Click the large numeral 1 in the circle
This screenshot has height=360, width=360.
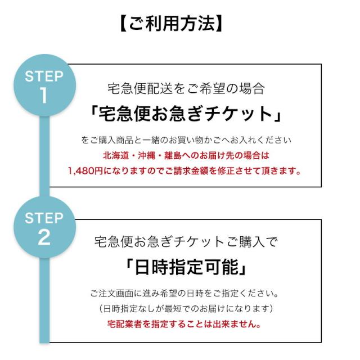coord(44,96)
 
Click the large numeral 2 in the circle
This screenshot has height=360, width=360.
coord(44,237)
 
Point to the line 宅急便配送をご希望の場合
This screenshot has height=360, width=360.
coord(185,88)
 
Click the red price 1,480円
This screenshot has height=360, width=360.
coord(85,170)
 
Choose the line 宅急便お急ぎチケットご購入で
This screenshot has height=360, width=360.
coord(185,242)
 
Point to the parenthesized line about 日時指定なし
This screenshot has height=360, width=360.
coord(185,309)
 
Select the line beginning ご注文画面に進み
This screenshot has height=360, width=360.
coord(185,294)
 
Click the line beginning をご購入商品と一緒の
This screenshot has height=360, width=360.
coord(185,140)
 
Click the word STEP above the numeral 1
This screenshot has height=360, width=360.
coord(44,76)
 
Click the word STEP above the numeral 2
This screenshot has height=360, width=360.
coord(44,218)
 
